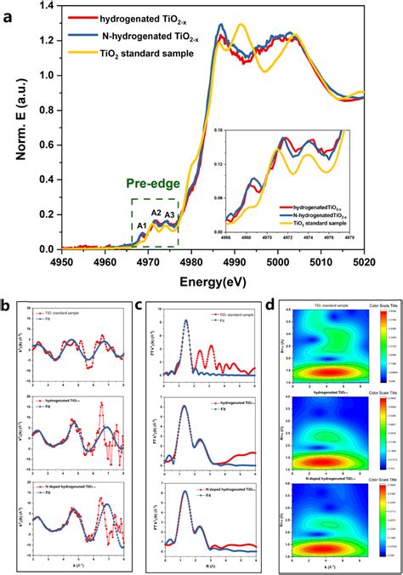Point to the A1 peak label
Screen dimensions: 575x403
[x=143, y=225]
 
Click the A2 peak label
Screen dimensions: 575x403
[x=156, y=213]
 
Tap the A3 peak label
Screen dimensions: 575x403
[x=170, y=215]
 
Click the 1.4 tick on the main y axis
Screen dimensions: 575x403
[x=43, y=6]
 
